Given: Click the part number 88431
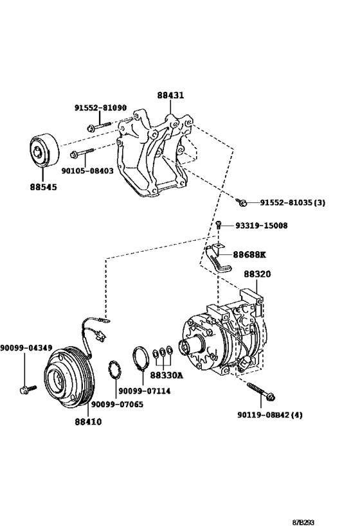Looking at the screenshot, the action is tap(170, 95).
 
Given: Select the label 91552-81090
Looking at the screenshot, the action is tap(100, 108).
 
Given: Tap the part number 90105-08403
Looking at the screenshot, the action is tap(87, 171).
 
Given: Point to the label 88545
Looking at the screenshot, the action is tap(43, 187).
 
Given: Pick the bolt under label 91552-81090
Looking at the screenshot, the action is tap(99, 127).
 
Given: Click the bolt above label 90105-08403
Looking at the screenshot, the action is tap(82, 153).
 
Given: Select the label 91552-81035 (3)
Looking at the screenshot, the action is tap(292, 202).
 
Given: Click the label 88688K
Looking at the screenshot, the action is tap(249, 254).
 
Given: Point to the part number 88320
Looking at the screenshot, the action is tap(257, 274).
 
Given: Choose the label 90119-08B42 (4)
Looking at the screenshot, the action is tap(270, 415).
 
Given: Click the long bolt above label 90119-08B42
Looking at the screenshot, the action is tap(261, 392).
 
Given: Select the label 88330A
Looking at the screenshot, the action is tap(166, 375).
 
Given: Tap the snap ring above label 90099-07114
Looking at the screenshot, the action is tap(139, 358).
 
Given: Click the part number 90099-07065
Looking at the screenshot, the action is tap(117, 405).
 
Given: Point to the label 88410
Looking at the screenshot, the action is tap(88, 422).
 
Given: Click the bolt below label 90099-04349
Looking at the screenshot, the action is tap(28, 389).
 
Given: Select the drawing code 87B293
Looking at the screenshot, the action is tap(303, 522).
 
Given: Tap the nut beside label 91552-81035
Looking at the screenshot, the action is tap(242, 202).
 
